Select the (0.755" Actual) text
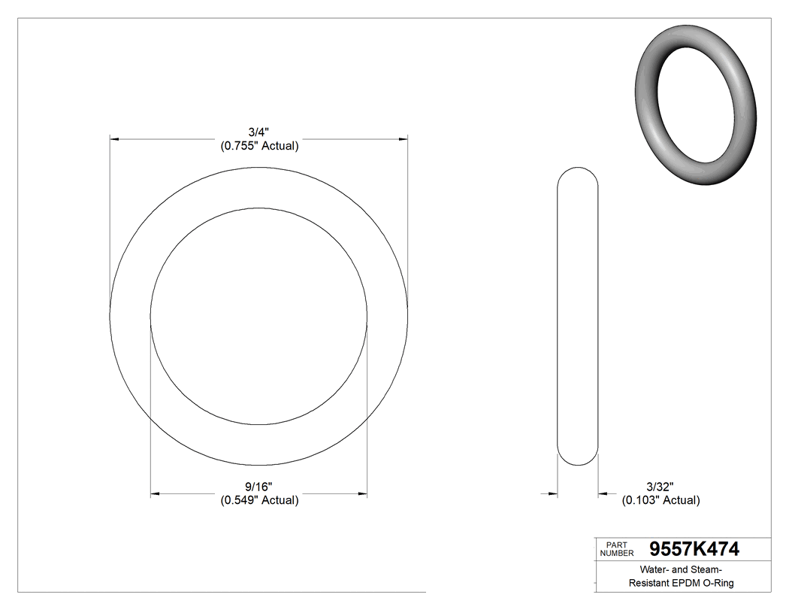(x=259, y=146)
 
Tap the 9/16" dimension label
(x=259, y=487)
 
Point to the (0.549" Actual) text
(x=259, y=500)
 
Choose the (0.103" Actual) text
(x=660, y=500)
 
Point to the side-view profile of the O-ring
(x=577, y=316)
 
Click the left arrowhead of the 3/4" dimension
(x=114, y=139)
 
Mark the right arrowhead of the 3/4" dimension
(x=404, y=139)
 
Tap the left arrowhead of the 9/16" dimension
(x=156, y=494)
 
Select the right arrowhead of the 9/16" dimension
(x=362, y=494)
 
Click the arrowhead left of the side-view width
(x=552, y=494)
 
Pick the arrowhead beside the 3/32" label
(x=603, y=494)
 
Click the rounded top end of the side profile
(x=577, y=171)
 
